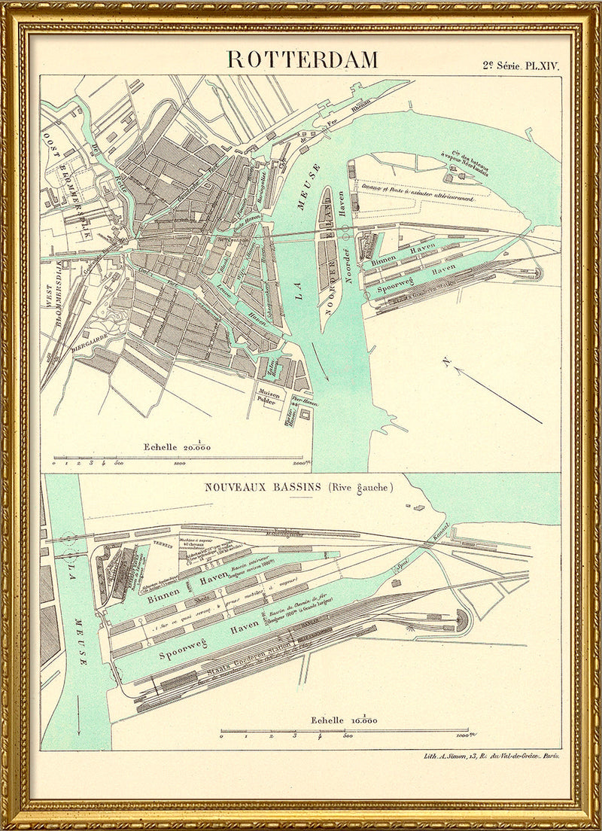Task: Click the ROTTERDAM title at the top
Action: [x=303, y=59]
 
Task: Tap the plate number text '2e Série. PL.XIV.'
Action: [x=521, y=65]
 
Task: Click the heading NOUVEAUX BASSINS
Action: [x=263, y=487]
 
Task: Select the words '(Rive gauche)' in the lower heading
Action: [x=360, y=487]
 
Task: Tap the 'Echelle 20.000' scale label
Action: [x=178, y=446]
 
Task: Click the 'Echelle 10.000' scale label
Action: [x=345, y=720]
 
